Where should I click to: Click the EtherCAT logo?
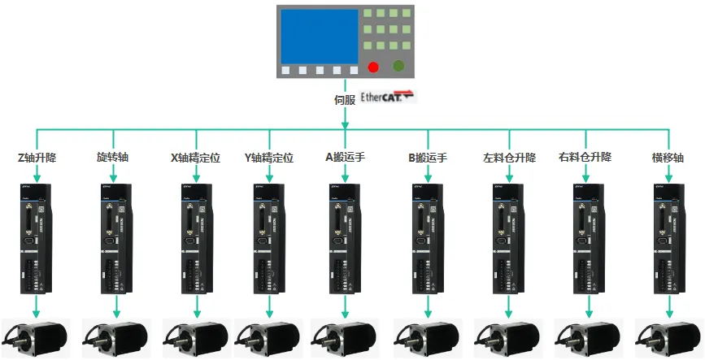pos(387,96)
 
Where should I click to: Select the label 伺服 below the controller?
pos(345,100)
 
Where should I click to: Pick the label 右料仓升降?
pos(585,157)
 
